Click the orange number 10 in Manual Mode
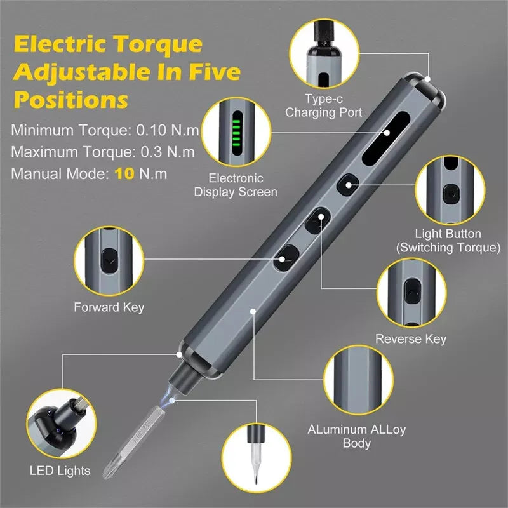click(x=124, y=173)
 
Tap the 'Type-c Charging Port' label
click(x=323, y=106)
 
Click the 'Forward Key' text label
click(x=109, y=307)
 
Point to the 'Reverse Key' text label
click(x=410, y=338)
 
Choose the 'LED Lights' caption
click(x=60, y=471)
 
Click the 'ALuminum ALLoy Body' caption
click(x=356, y=436)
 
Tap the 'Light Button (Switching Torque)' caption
click(x=448, y=241)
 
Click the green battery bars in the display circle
click(x=236, y=130)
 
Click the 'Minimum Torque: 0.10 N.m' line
click(x=105, y=131)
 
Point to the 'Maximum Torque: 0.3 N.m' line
click(x=103, y=152)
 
